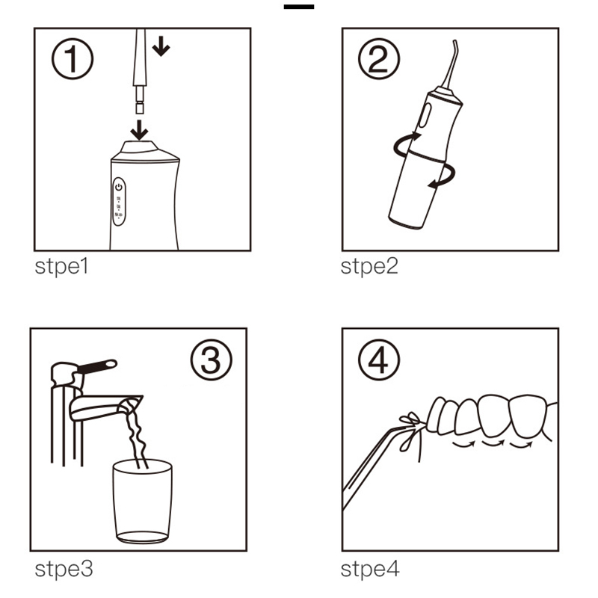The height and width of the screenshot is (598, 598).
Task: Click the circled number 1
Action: pos(72,58)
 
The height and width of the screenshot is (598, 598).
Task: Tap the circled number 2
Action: pos(379,58)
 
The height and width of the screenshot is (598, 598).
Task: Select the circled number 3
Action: pos(211,360)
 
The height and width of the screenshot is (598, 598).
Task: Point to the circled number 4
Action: pos(379,360)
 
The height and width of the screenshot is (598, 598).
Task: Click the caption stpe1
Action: pos(61,267)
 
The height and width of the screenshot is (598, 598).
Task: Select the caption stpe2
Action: pos(369,267)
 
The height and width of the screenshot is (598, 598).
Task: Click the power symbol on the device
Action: pos(119,187)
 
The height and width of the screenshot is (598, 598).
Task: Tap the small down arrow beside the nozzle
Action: pos(161,46)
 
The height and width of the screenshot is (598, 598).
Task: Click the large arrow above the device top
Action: pos(139,130)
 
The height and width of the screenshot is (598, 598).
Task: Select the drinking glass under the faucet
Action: pos(142,501)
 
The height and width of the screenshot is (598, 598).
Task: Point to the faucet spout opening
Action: pos(129,407)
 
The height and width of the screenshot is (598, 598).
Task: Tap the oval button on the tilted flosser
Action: pos(425,115)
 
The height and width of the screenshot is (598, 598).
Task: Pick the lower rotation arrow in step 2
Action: pos(443,177)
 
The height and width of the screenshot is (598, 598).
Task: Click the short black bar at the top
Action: pos(298,7)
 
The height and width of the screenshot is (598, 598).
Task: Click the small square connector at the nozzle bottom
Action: pos(140,108)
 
